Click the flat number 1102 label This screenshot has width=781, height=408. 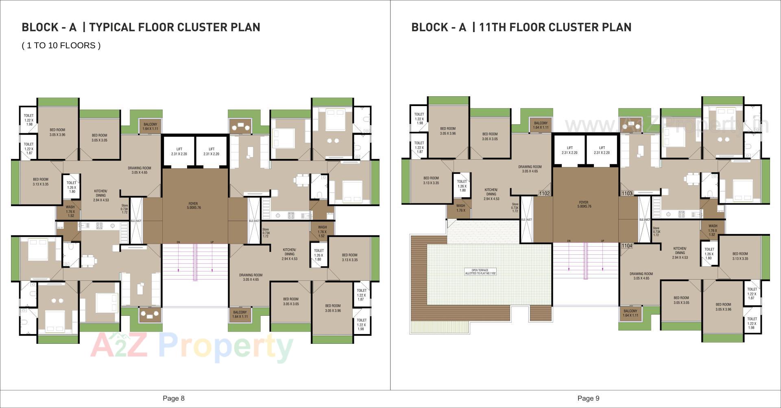(544, 193)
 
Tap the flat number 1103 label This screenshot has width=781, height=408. (627, 193)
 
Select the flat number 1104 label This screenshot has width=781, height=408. (627, 246)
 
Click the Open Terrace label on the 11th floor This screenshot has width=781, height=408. (480, 272)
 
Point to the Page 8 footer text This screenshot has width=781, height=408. (174, 398)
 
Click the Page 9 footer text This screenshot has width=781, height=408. (588, 398)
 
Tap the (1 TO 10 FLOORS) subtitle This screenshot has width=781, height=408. (61, 46)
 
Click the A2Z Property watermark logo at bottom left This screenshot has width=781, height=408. (191, 347)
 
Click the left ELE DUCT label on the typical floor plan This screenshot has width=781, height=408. (136, 221)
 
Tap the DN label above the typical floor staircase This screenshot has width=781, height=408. (178, 242)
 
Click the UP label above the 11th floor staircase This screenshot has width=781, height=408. (602, 241)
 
